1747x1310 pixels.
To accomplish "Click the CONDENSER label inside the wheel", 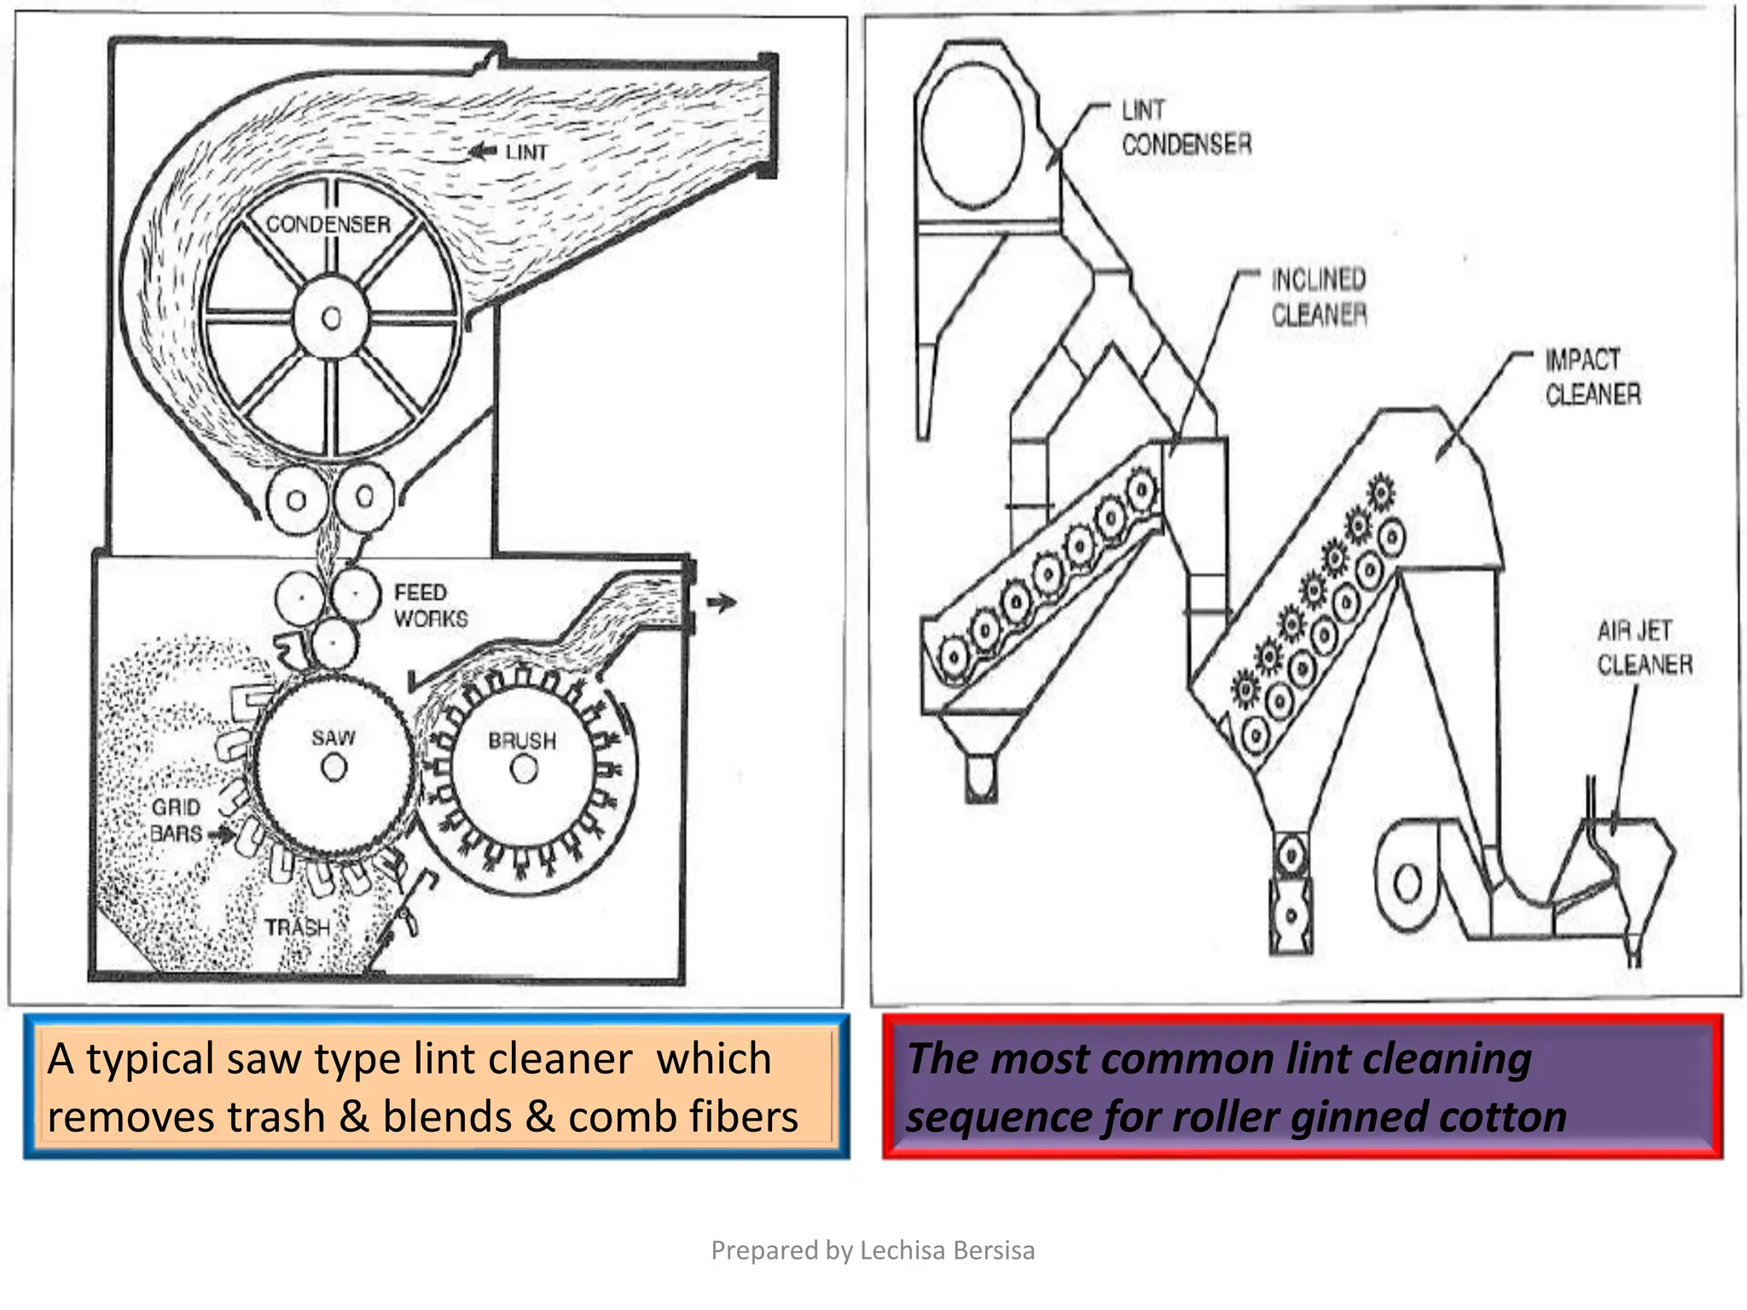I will coord(328,224).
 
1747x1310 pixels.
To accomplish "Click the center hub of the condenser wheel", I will coord(331,319).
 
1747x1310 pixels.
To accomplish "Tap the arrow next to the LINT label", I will coord(483,152).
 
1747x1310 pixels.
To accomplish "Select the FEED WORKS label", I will coord(430,606).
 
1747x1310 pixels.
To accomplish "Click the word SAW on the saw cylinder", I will coord(333,738).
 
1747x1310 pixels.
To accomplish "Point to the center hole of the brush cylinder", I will coord(524,770).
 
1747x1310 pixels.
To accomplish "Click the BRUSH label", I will coord(522,740).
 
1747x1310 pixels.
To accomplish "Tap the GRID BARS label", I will coord(176,820).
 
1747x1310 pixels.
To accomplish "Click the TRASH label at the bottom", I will coord(297,927).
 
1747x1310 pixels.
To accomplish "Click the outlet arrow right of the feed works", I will coord(722,603).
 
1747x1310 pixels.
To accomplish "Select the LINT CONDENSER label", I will coord(1186,128).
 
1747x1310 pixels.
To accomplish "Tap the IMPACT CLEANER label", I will coord(1593,377).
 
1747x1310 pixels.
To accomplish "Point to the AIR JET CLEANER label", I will coord(1644,648).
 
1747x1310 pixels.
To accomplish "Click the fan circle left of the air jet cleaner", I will coord(1407,882).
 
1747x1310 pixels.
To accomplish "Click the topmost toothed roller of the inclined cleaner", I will coord(1140,490).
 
